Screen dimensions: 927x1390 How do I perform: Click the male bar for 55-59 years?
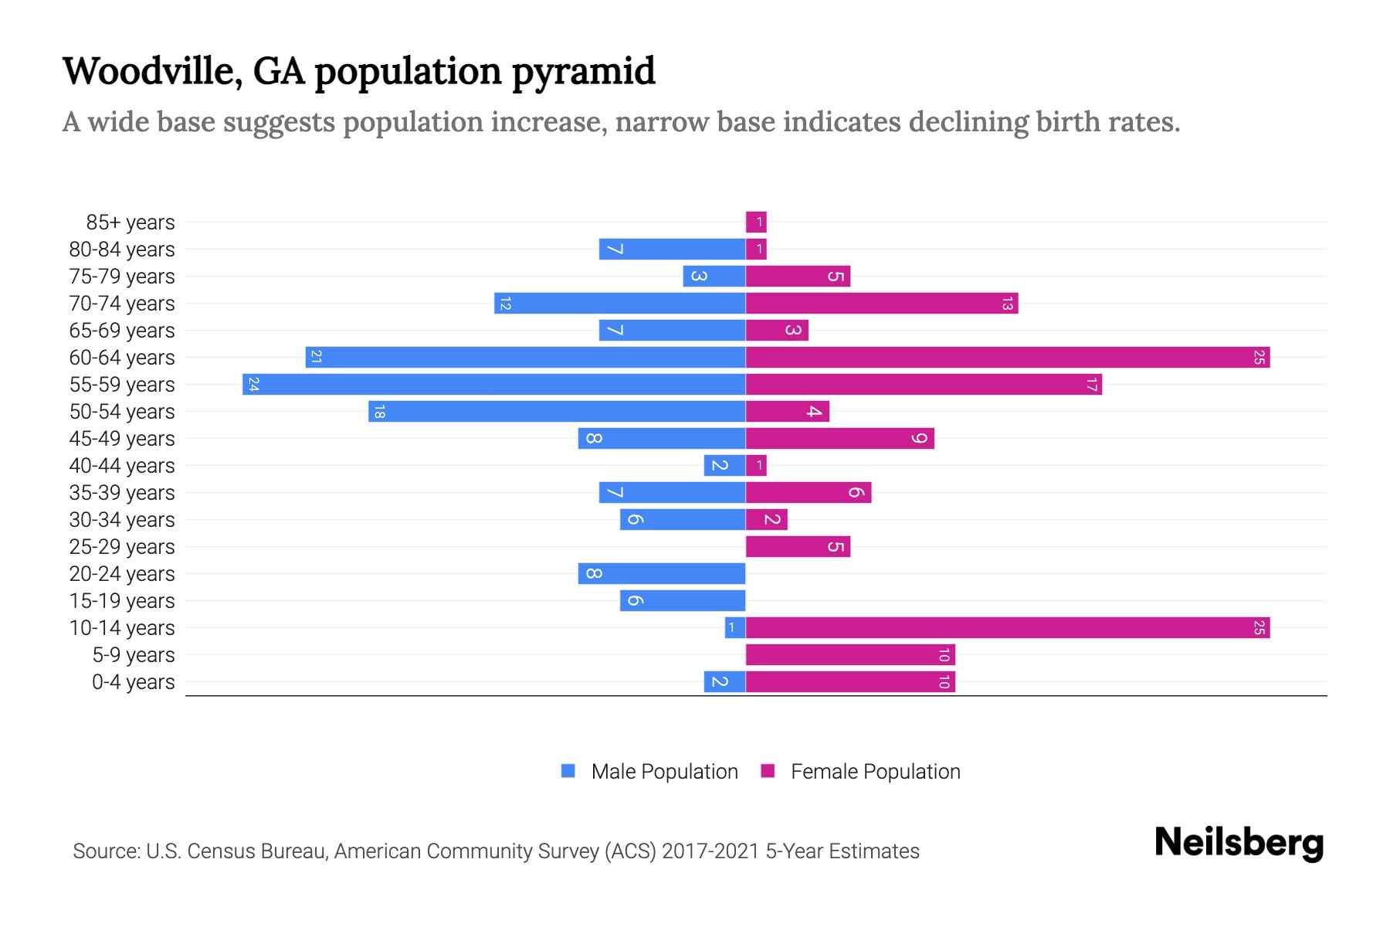(494, 384)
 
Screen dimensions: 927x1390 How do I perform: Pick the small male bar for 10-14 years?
(734, 627)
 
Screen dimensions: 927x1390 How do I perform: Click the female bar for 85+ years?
(756, 222)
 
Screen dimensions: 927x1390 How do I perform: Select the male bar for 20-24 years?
(662, 573)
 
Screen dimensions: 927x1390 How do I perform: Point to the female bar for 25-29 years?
(798, 546)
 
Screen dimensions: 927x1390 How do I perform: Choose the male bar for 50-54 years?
(556, 411)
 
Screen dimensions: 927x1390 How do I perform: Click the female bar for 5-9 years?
(849, 654)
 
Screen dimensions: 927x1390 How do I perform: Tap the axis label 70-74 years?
(122, 304)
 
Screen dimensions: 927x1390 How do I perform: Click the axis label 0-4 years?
(133, 682)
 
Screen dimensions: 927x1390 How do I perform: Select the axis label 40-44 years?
(122, 466)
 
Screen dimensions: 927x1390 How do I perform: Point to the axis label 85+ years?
(131, 222)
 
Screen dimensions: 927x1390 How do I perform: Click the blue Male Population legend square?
(568, 771)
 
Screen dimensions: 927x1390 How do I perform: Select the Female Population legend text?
(875, 771)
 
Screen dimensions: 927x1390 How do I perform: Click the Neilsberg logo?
(1239, 843)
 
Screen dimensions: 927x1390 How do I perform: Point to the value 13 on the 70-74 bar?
(1006, 304)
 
